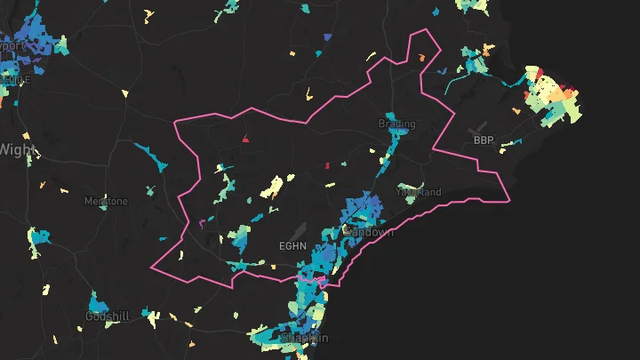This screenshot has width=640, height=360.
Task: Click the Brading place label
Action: [x=396, y=124]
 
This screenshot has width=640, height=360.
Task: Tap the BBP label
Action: [x=483, y=140]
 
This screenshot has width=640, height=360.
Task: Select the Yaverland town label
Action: [x=419, y=192]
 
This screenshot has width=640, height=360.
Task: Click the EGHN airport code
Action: [x=292, y=246]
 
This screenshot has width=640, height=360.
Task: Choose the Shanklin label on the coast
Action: [x=305, y=339]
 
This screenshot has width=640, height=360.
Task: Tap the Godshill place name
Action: [x=108, y=317]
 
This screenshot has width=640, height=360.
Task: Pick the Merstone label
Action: [x=106, y=202]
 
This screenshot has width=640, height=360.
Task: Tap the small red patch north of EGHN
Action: [x=244, y=139]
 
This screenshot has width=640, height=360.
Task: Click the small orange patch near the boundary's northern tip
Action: [x=421, y=58]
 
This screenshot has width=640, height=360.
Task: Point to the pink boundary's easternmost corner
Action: [x=510, y=201]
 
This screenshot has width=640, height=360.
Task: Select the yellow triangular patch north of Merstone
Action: [x=124, y=93]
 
